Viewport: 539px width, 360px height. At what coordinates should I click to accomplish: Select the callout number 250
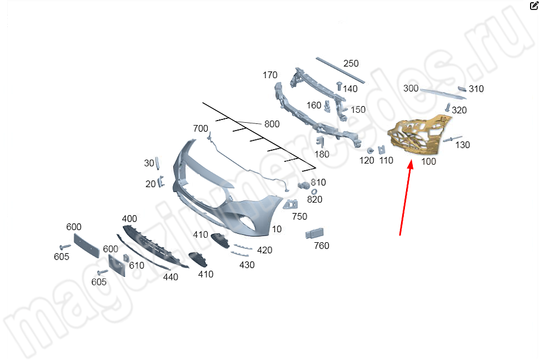pyautogui.click(x=351, y=63)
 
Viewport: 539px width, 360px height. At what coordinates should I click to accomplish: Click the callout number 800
pyautogui.click(x=271, y=124)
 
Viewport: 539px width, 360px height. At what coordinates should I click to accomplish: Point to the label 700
pyautogui.click(x=201, y=128)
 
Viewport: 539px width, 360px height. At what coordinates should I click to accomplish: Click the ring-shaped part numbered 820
pyautogui.click(x=314, y=191)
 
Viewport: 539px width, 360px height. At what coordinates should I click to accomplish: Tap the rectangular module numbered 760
pyautogui.click(x=314, y=233)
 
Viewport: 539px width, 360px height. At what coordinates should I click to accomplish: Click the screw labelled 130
pyautogui.click(x=452, y=139)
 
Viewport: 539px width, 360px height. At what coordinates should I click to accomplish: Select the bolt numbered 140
pyautogui.click(x=339, y=86)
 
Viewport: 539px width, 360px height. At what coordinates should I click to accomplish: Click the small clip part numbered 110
pyautogui.click(x=381, y=150)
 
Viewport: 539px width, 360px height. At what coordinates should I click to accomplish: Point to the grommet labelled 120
pyautogui.click(x=370, y=151)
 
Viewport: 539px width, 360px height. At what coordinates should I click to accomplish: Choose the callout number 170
pyautogui.click(x=270, y=75)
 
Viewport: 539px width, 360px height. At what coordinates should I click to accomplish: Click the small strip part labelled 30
pyautogui.click(x=158, y=163)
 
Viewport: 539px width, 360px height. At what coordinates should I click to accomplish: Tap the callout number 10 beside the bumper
pyautogui.click(x=276, y=229)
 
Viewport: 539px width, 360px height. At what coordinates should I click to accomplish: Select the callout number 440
pyautogui.click(x=170, y=277)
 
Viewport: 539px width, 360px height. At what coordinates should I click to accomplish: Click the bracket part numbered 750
pyautogui.click(x=290, y=204)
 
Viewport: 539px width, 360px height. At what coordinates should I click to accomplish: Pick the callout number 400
pyautogui.click(x=129, y=218)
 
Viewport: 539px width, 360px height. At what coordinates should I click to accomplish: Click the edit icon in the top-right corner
pyautogui.click(x=534, y=5)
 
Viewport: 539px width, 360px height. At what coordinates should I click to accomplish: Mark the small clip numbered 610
pyautogui.click(x=126, y=258)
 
